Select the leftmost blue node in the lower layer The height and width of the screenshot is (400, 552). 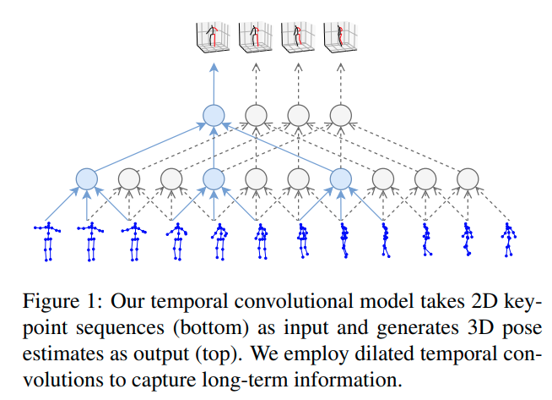point(87,178)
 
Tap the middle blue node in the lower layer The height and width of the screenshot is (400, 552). point(214,178)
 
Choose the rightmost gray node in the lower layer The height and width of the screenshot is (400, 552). point(467,178)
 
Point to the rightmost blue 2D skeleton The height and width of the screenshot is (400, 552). point(508,241)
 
